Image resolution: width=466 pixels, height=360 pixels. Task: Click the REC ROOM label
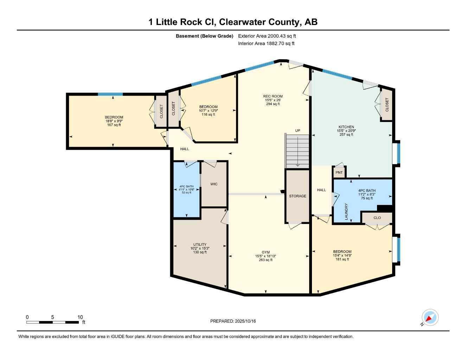point(273,96)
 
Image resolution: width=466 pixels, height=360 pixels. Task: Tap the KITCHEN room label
point(346,127)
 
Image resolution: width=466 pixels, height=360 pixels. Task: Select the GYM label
point(266,252)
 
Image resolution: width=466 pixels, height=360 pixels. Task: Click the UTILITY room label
point(200,245)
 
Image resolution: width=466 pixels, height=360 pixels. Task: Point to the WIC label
point(214,184)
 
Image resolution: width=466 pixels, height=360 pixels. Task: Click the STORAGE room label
point(298,196)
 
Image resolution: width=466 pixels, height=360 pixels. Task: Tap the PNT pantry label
point(339,172)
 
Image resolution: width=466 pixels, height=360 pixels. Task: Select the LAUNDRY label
point(346,212)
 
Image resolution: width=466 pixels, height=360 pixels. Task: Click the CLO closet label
point(377,218)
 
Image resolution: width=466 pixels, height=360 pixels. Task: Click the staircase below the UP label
point(297,151)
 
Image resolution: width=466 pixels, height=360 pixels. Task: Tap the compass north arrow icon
point(430,318)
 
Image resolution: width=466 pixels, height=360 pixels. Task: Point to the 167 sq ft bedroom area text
point(114,125)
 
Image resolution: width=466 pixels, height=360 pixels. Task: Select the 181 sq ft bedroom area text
point(342,259)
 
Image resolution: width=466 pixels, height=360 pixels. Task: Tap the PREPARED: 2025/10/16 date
point(233,321)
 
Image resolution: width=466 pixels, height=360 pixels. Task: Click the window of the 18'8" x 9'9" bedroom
point(110,94)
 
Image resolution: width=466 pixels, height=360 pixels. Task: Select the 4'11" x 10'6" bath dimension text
point(186,189)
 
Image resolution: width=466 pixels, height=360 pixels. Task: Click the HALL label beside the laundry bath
point(321,190)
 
